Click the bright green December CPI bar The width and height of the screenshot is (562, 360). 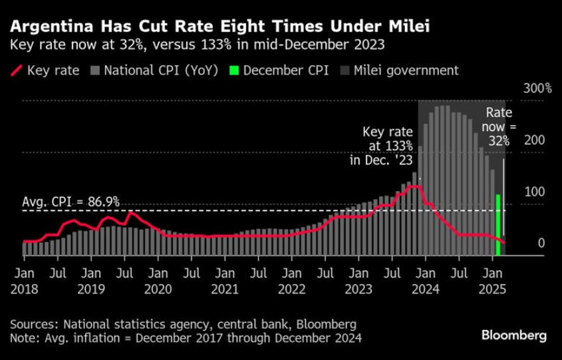(498, 225)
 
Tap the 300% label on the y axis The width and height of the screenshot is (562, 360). (539, 89)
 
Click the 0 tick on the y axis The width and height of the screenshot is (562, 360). (541, 244)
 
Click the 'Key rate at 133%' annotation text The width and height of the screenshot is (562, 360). (387, 145)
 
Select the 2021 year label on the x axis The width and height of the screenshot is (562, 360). (225, 289)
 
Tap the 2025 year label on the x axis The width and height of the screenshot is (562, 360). (493, 289)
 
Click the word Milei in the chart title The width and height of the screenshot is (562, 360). (406, 27)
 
